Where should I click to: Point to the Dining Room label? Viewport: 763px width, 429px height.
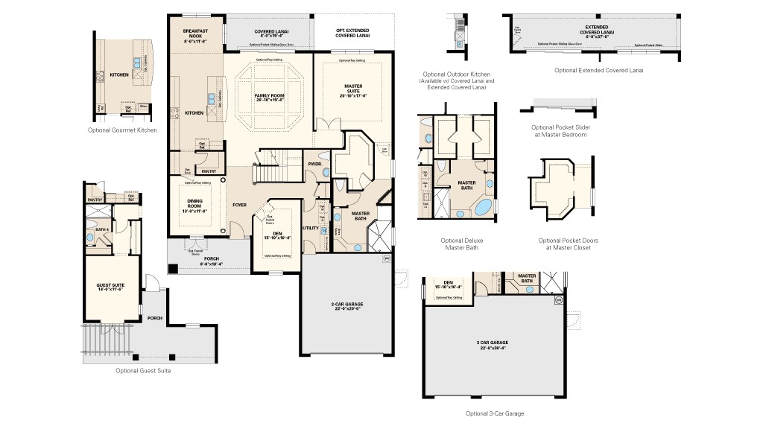point(196,204)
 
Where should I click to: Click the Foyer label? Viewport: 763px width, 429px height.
point(239,204)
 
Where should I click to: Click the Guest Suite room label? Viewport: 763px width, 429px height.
point(110,287)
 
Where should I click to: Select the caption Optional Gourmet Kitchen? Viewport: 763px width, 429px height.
point(122,130)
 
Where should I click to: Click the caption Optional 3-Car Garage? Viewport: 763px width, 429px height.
point(495,413)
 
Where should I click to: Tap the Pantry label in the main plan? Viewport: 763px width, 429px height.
point(209,171)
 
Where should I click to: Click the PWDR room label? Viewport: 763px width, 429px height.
point(314,164)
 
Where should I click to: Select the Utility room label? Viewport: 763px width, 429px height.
point(311,228)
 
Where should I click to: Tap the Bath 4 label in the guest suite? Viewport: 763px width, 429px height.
point(101,229)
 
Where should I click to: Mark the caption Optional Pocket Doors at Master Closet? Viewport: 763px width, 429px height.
point(568,244)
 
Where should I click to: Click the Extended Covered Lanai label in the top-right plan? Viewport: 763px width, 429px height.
point(599,31)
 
